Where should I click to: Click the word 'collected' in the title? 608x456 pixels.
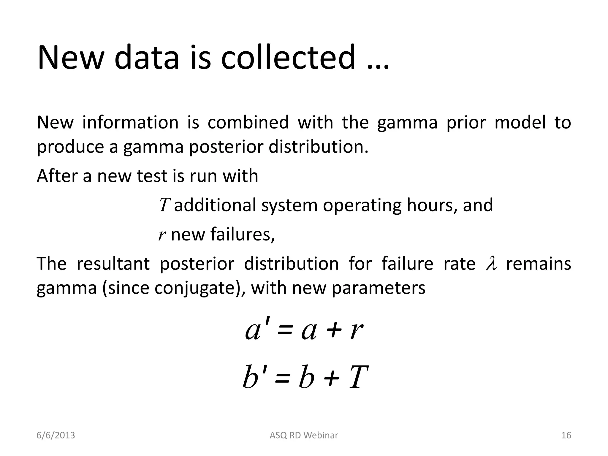click(288, 57)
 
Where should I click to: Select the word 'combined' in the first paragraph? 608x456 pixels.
click(248, 122)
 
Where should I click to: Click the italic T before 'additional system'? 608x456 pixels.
click(164, 205)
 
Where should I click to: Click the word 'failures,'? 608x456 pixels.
click(243, 234)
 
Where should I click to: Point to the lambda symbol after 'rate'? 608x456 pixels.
click(491, 264)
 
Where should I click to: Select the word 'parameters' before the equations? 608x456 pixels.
click(378, 288)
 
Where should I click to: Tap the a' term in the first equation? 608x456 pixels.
click(257, 330)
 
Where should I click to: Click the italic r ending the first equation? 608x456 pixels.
click(356, 331)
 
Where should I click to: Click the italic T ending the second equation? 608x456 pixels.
click(359, 377)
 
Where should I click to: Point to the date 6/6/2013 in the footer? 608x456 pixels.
click(56, 435)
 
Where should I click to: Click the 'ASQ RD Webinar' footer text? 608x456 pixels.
click(304, 435)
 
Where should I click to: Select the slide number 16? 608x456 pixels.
click(566, 435)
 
